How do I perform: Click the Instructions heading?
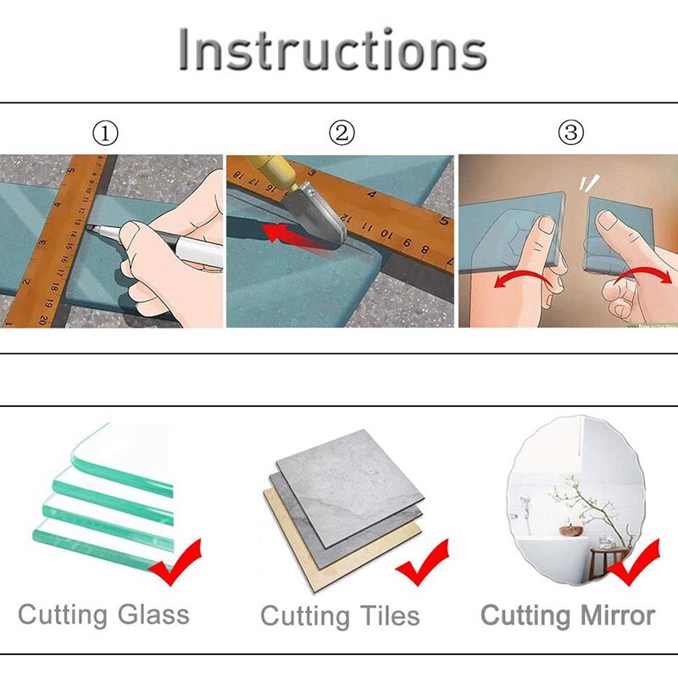pyautogui.click(x=332, y=50)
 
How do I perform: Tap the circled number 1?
pyautogui.click(x=105, y=134)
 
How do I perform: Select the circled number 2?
pyautogui.click(x=342, y=133)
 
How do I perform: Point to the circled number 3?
pyautogui.click(x=570, y=133)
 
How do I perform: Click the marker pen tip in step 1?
pyautogui.click(x=89, y=228)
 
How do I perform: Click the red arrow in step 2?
pyautogui.click(x=280, y=231)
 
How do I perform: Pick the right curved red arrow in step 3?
pyautogui.click(x=640, y=275)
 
